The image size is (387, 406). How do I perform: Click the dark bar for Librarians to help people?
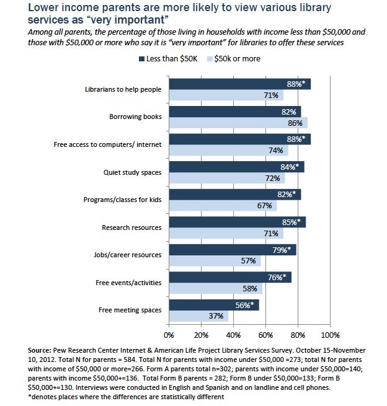pyautogui.click(x=239, y=84)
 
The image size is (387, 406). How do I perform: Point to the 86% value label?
pyautogui.click(x=295, y=123)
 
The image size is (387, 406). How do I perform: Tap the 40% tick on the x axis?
pyautogui.click(x=233, y=335)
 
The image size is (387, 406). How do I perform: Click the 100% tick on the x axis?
pyautogui.click(x=330, y=335)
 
